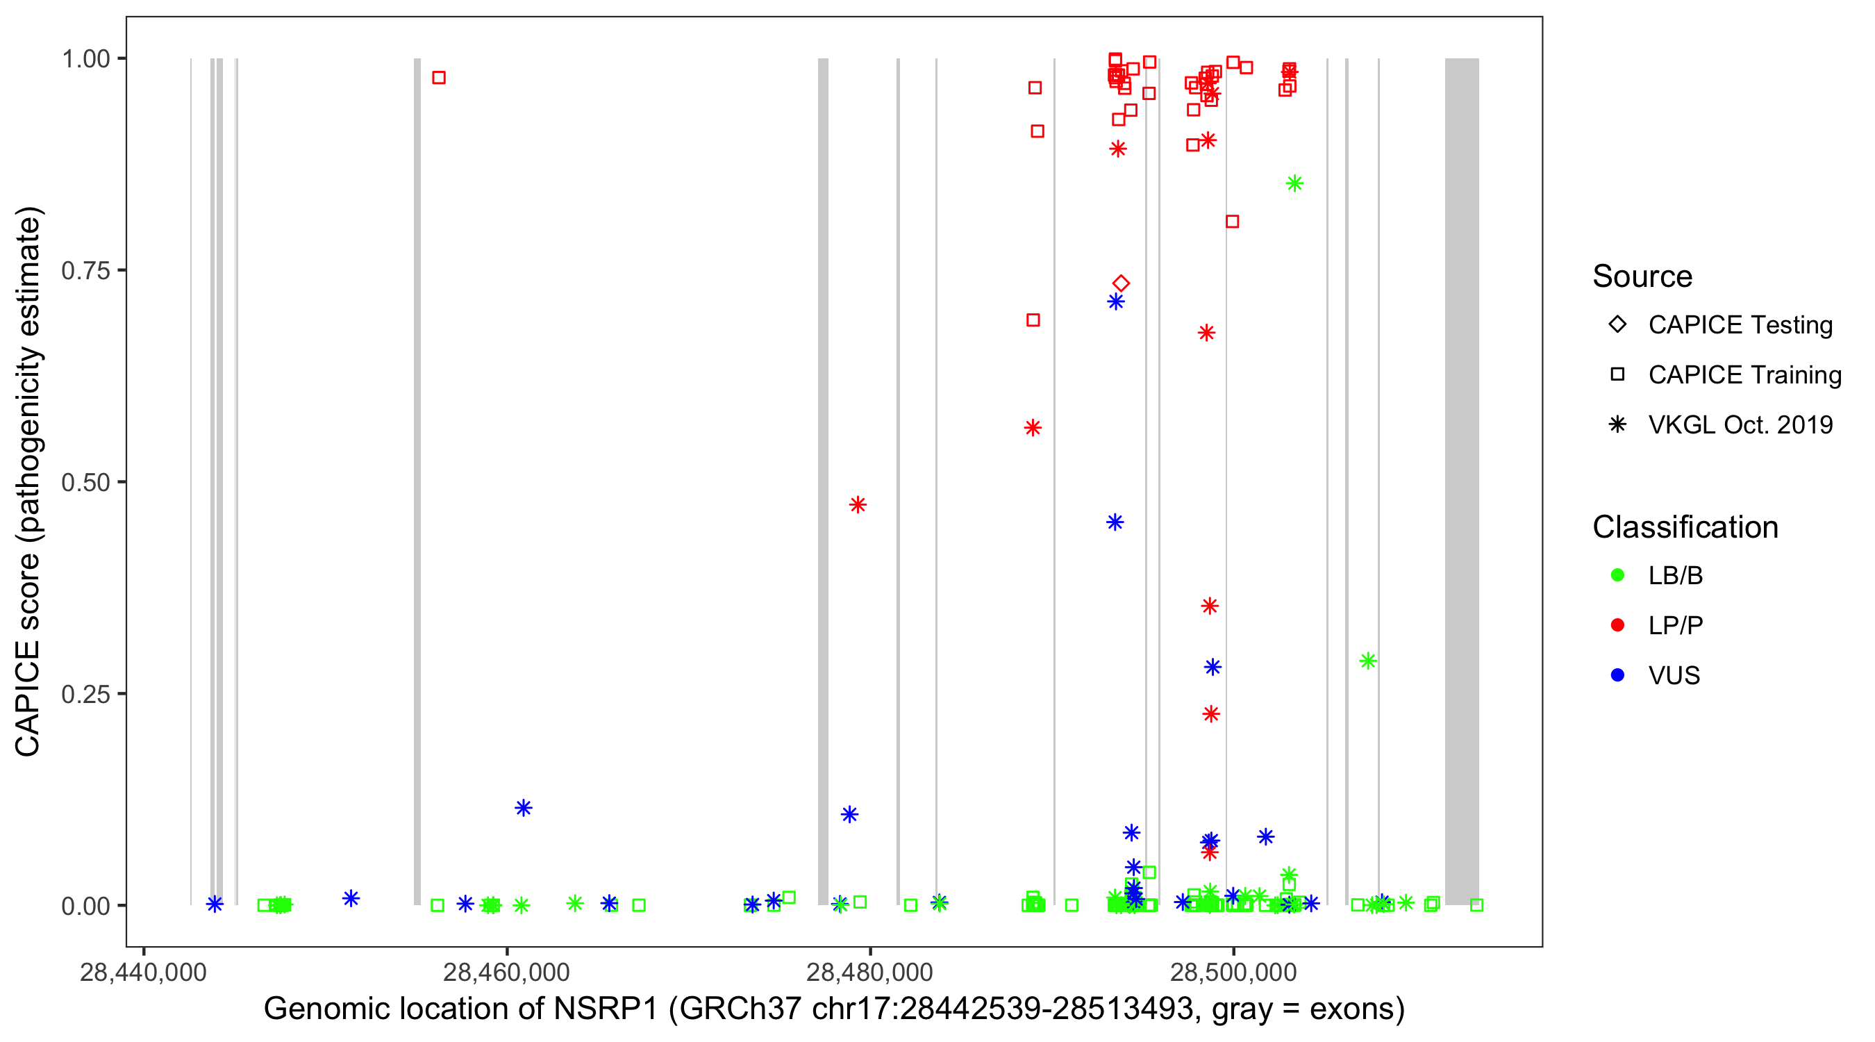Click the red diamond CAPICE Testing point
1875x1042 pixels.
(1121, 283)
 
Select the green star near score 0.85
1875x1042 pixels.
(1294, 183)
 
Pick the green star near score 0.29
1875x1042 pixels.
(1367, 661)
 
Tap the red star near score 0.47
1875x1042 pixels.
(858, 504)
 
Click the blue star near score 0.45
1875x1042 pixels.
(1115, 522)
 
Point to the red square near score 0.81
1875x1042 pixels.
(1232, 222)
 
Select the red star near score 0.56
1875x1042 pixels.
(1033, 427)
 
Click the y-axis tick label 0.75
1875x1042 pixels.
(85, 270)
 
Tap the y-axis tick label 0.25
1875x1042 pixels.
(85, 694)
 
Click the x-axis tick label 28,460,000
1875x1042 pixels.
(507, 972)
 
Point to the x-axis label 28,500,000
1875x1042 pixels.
(1234, 972)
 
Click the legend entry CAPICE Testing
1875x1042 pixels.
(1740, 325)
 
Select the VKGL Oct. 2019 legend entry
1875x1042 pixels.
(1740, 424)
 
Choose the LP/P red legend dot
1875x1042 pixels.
(1618, 625)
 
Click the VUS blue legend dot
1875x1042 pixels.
(1618, 675)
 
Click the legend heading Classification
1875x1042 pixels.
(1685, 527)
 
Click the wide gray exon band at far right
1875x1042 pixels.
(1462, 481)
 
